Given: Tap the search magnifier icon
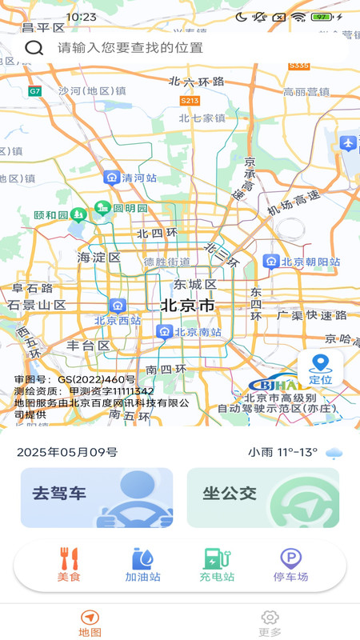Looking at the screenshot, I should click(x=34, y=47).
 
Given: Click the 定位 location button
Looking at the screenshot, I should click(x=321, y=369).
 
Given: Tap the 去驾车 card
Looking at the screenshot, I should click(x=97, y=498).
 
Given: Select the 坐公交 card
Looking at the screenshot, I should click(x=263, y=498).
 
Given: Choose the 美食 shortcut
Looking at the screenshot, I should click(x=69, y=565).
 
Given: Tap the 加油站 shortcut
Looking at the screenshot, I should click(x=142, y=565).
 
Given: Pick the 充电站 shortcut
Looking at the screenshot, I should click(x=217, y=565).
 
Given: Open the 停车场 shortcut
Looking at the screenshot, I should click(x=290, y=565).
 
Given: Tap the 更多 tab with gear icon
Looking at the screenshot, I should click(x=270, y=622).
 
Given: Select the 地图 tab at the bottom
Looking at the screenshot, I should click(x=90, y=622).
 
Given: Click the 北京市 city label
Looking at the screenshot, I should click(x=187, y=306).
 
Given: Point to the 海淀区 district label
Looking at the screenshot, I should click(x=98, y=258).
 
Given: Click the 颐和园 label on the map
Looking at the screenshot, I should click(x=52, y=215).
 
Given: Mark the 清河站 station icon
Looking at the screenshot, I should click(x=111, y=178).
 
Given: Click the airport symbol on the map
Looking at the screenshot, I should click(x=347, y=143).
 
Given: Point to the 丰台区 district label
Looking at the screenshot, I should click(x=88, y=346).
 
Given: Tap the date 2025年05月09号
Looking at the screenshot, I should click(x=67, y=452).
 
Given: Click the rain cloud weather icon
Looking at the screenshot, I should click(x=334, y=453).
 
